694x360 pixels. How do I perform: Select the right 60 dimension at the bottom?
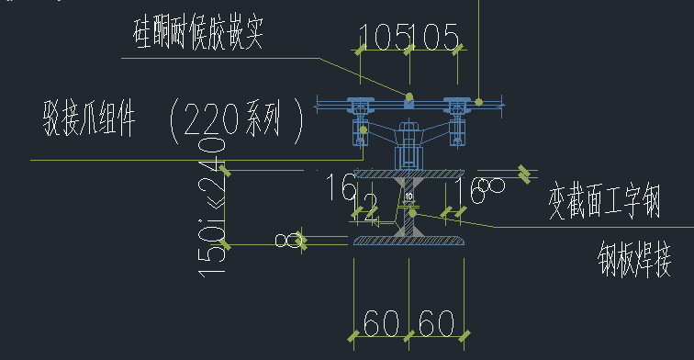point(438,322)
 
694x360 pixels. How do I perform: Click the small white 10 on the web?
point(409,196)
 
